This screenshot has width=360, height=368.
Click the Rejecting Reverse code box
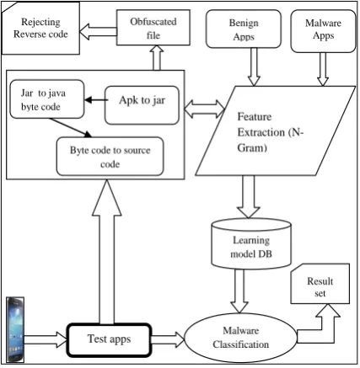point(40,28)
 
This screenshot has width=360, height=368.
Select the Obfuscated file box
point(153,28)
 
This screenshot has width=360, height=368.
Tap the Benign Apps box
point(244,29)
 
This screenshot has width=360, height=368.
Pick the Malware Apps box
point(323,31)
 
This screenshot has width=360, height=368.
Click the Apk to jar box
point(142,105)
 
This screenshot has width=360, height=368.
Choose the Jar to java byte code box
point(47,99)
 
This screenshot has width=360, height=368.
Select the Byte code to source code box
point(110,157)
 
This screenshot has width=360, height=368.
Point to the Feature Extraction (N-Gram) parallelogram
point(276,131)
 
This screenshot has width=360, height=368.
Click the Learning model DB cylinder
point(251,243)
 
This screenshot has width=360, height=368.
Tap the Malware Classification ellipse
point(240,338)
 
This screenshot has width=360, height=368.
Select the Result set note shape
point(320,284)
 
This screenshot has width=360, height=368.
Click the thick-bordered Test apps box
point(109,339)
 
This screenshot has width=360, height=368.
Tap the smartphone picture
point(15,329)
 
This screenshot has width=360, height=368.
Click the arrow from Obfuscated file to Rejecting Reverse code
point(98,31)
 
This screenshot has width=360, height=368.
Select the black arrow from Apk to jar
point(96,100)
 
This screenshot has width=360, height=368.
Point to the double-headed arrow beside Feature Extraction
point(205,109)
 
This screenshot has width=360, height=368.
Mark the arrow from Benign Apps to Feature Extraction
point(254,67)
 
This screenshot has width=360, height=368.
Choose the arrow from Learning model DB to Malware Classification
point(239,291)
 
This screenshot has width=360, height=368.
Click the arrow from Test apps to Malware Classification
point(168,339)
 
